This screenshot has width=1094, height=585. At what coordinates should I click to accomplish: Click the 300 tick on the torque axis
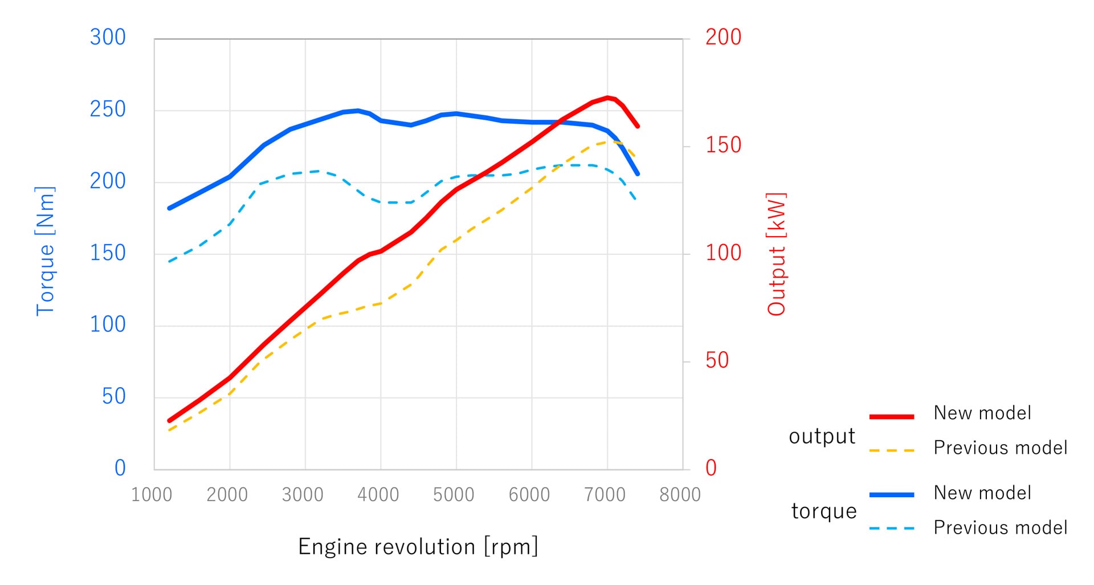pos(108,38)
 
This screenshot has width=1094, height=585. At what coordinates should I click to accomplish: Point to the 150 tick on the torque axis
pos(108,253)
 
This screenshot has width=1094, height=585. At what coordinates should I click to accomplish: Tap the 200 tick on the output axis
pos(723,38)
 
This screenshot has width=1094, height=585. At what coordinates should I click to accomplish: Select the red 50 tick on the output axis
pos(717,361)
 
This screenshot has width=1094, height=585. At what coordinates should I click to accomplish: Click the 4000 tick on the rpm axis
pos(378,495)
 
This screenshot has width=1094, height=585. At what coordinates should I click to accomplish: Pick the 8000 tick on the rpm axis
pos(680,495)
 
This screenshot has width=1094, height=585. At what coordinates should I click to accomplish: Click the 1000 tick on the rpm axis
pos(152,495)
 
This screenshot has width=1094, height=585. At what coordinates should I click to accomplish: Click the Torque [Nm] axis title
pos(46,251)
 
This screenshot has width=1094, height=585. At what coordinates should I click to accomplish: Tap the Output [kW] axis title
pos(777,254)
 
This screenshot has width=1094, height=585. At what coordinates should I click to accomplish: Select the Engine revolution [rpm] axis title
pos(418,547)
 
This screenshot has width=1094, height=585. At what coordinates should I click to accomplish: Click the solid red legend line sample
pos(892,417)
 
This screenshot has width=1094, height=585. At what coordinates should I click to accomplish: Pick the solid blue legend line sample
pos(892,495)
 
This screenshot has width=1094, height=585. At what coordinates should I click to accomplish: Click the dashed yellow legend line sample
pos(892,450)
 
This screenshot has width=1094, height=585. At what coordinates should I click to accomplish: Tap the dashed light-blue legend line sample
pos(892,529)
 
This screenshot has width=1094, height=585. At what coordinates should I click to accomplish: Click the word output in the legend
pos(822,436)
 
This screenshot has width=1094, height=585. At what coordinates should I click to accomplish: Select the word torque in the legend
pos(824,511)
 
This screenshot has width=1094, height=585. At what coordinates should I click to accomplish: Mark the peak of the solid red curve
pos(608,97)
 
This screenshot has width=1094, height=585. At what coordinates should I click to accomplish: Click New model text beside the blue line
pos(982,493)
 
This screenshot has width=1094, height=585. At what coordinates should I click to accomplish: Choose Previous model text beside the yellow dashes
pos(1000,448)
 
